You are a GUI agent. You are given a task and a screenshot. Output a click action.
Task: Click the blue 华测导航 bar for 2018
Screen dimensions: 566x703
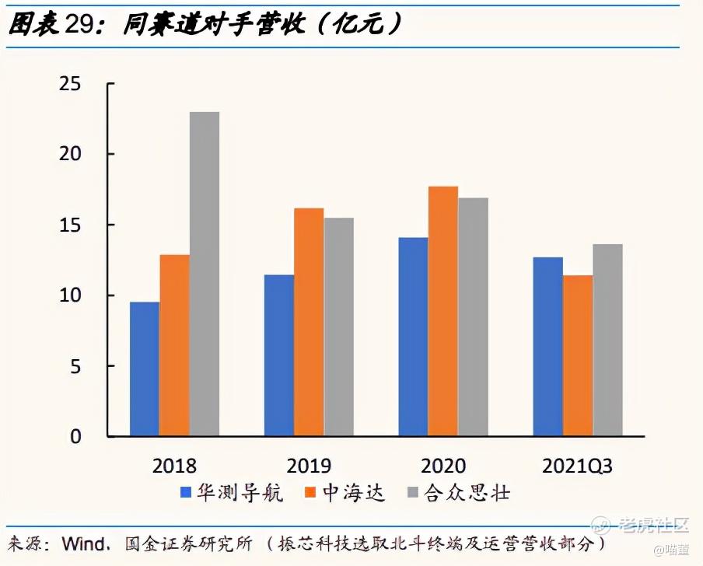(x=145, y=369)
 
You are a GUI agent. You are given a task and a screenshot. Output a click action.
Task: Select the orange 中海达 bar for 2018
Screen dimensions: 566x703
(x=174, y=345)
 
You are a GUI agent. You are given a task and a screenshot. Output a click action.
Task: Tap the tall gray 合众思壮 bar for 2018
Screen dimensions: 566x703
(x=205, y=274)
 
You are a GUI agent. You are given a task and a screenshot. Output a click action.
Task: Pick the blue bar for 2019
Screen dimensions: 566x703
(x=279, y=355)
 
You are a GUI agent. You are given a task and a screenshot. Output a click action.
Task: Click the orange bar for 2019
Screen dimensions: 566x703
(x=309, y=322)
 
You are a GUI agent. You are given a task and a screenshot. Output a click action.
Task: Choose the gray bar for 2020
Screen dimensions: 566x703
(x=473, y=316)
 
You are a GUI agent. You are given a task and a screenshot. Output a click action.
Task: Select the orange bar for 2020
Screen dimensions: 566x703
(x=443, y=311)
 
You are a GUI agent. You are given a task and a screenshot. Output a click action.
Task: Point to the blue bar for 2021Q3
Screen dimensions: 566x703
(x=547, y=346)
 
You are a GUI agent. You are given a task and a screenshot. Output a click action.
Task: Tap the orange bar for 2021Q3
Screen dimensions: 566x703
(x=578, y=355)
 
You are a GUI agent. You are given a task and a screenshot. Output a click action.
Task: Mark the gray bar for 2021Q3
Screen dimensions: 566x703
(x=607, y=340)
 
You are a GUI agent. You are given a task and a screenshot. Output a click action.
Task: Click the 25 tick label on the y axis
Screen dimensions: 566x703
(x=70, y=83)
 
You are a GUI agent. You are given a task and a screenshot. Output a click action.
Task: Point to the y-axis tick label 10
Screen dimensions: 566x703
(x=70, y=295)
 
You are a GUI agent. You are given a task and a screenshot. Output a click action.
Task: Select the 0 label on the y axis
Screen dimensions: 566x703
(x=75, y=436)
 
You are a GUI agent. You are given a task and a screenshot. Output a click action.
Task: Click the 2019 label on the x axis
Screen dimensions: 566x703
(x=309, y=466)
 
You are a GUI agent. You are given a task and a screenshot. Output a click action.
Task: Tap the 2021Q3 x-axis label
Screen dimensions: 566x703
(x=577, y=466)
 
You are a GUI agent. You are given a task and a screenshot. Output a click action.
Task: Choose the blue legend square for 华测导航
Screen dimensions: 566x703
(x=185, y=492)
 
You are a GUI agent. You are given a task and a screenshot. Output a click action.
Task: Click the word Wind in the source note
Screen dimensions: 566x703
(x=83, y=542)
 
